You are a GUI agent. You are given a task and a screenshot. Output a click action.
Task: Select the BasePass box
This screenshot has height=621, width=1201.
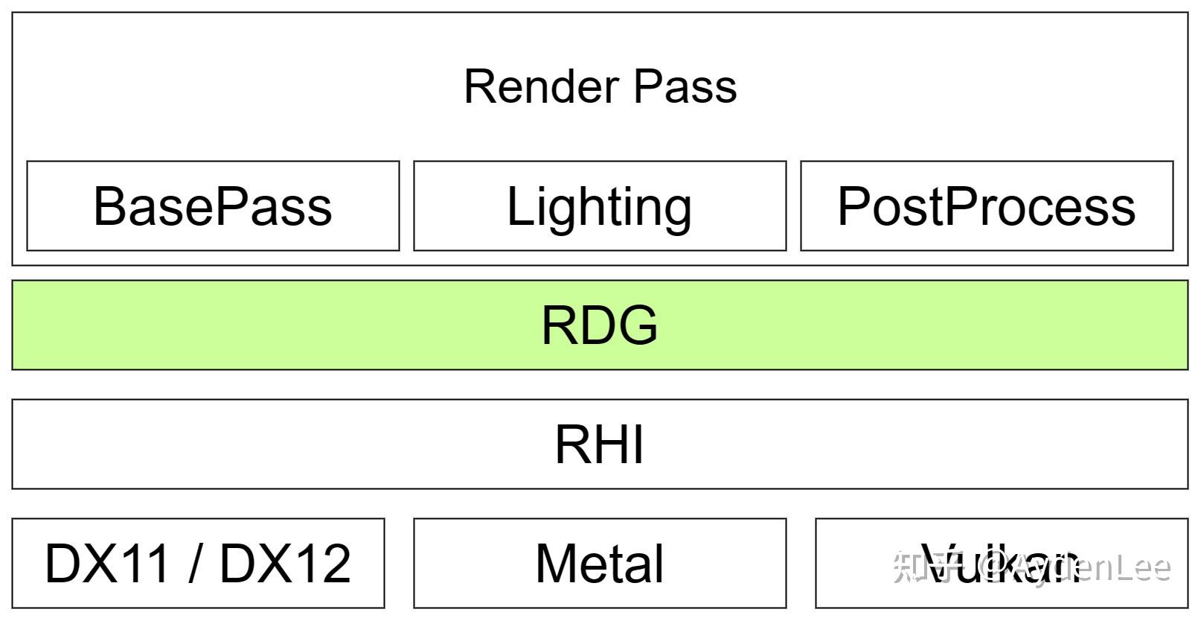tap(213, 206)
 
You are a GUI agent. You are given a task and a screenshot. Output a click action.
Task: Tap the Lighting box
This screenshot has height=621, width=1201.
tap(600, 206)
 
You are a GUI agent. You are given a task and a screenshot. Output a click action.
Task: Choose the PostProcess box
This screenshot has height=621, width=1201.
tap(987, 206)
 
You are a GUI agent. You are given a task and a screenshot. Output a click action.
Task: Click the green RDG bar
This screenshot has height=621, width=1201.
tap(600, 325)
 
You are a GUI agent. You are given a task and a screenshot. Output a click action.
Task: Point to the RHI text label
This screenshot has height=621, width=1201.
tap(600, 445)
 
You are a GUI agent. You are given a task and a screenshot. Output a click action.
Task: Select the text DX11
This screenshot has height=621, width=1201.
tap(108, 564)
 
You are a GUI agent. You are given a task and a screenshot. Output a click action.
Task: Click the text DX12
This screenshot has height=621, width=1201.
tap(285, 564)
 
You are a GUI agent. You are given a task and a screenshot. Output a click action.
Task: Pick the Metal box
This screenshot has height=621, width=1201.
tap(600, 564)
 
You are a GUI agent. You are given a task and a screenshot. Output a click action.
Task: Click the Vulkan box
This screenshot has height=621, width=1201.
tap(1002, 564)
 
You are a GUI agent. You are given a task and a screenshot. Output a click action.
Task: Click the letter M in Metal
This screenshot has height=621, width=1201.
tap(557, 564)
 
